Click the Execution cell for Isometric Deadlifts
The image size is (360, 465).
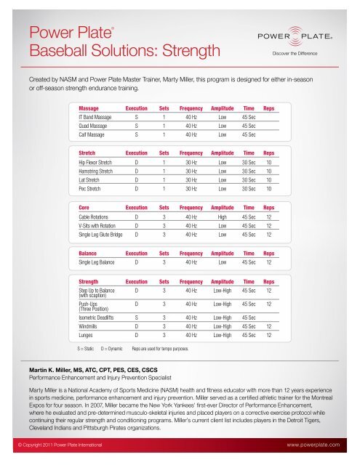(x=136, y=318)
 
